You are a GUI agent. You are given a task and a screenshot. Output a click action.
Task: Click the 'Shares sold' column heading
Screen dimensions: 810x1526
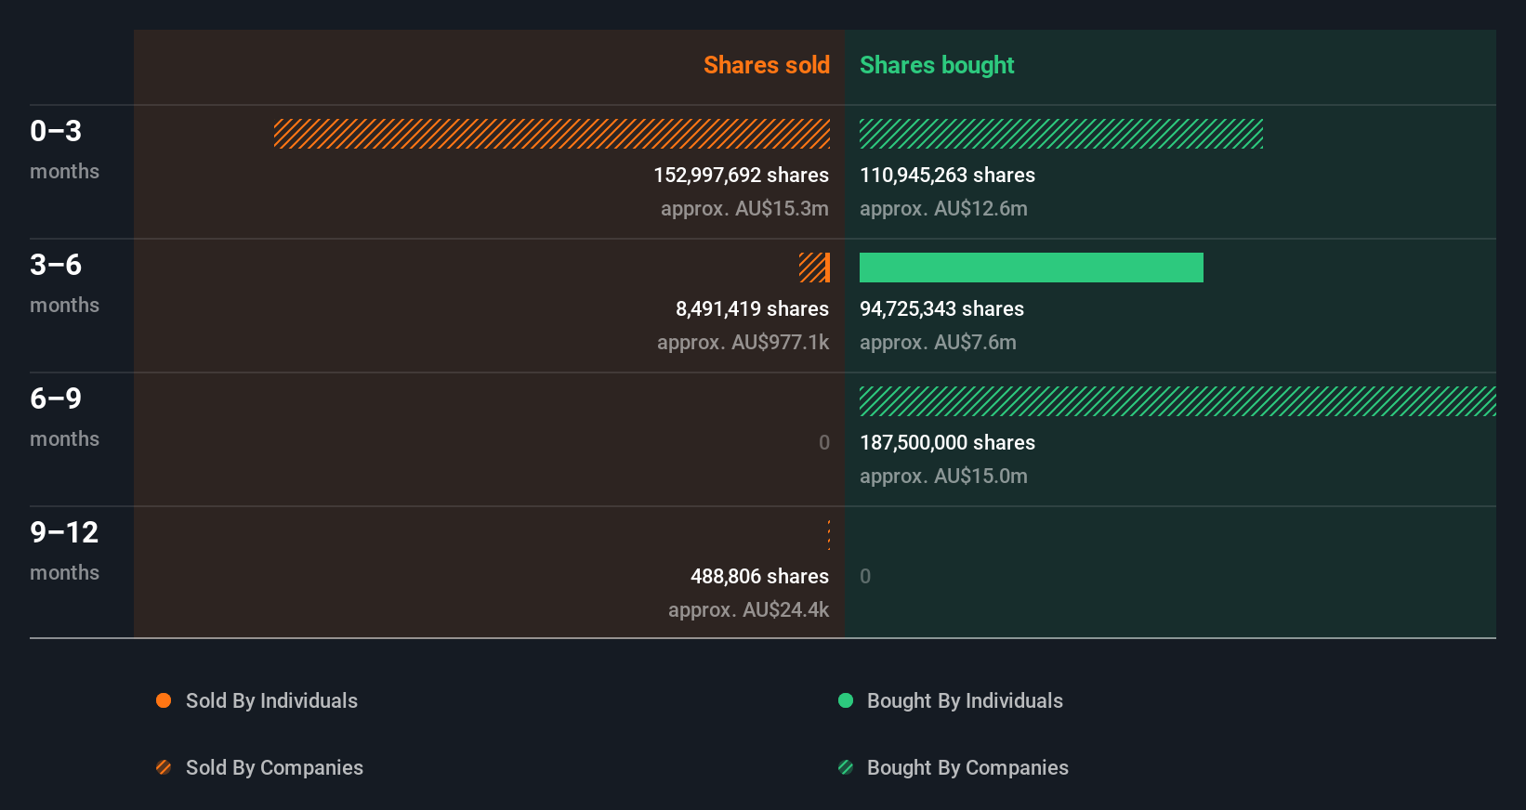[766, 65]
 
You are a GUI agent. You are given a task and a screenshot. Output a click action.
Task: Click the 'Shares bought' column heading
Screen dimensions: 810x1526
[936, 65]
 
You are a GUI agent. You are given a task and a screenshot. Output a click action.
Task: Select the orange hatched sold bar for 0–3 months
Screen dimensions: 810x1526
[552, 134]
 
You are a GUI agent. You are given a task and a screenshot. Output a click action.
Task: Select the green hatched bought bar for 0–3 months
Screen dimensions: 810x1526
[1060, 134]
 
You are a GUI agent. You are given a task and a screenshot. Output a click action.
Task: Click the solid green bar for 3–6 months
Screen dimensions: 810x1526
[1031, 268]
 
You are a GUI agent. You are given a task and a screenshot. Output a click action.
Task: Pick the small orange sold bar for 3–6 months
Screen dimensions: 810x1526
[814, 268]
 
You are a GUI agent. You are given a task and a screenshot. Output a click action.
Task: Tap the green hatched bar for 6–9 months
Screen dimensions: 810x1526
[1177, 401]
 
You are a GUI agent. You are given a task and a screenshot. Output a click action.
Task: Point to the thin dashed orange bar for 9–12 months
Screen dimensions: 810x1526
[829, 535]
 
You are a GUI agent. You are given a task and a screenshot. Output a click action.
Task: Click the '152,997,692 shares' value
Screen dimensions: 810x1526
[741, 175]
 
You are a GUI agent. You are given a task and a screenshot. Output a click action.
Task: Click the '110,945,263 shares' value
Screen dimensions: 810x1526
[947, 175]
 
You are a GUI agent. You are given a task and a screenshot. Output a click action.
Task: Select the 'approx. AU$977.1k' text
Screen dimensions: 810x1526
[743, 342]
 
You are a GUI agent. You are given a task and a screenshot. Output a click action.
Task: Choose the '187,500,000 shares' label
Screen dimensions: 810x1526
[947, 442]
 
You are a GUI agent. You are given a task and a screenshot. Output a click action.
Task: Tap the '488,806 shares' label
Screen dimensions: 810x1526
[759, 576]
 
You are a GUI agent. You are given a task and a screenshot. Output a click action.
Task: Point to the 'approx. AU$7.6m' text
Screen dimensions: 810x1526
[938, 342]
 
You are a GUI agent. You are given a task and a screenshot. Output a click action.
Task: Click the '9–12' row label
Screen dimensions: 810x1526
[64, 532]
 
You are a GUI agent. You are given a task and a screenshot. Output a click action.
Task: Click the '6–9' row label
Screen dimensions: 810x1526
[56, 398]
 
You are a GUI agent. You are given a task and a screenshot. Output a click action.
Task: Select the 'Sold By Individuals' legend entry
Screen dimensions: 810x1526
[270, 700]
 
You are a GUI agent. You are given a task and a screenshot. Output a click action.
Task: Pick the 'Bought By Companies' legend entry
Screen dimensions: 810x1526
[967, 767]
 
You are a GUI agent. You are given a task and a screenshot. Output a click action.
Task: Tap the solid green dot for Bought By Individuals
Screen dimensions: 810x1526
[846, 700]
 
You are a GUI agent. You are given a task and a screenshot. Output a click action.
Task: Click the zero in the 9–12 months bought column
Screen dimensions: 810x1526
[865, 576]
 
